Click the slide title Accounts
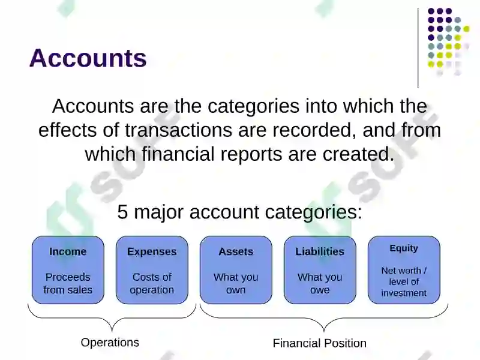coord(88,58)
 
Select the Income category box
coord(68,269)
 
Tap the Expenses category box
coord(152,269)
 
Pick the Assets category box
coord(236,269)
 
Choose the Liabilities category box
coord(320,269)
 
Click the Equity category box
coord(404,269)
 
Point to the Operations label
coord(110,343)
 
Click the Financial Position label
coord(320,343)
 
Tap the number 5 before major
coord(122,212)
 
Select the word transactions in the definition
coord(178,130)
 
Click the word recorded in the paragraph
coord(314,130)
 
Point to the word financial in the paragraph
coord(178,154)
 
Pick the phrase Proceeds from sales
coord(68,283)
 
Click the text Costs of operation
coord(152,283)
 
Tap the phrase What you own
coord(236,283)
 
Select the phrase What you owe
coord(320,283)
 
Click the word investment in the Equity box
coord(404,293)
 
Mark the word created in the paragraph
coord(358,154)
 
